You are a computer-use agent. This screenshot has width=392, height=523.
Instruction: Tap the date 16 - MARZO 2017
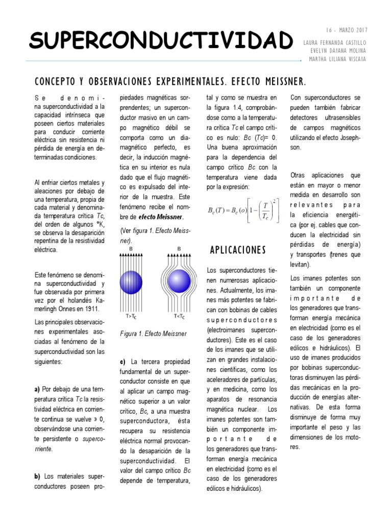tap(346, 31)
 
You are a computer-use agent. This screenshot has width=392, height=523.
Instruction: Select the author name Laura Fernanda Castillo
tap(335, 41)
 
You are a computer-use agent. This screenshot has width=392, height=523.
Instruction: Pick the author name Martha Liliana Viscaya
tap(338, 59)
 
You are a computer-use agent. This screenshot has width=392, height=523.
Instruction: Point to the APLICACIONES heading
tap(238, 250)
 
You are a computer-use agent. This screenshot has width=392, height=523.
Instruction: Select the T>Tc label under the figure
tap(131, 317)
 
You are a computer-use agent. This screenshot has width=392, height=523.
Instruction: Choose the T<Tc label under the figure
tap(179, 317)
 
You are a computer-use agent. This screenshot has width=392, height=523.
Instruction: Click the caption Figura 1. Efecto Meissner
tap(146, 334)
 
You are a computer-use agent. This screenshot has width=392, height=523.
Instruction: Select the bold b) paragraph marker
tap(37, 476)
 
